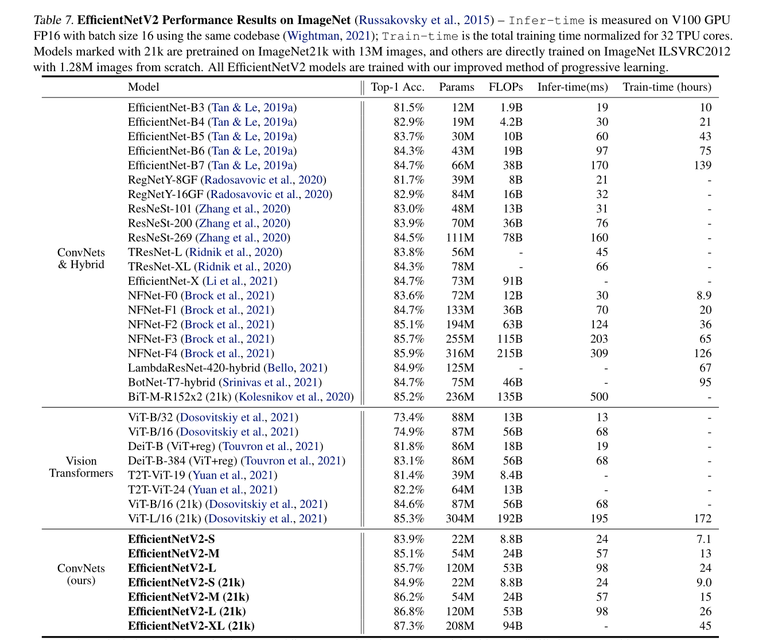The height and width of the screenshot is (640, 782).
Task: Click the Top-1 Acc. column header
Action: pos(398,87)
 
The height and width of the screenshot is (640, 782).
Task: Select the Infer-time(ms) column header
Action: pos(572,87)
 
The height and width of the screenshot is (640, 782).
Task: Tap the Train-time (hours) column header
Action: pos(667,87)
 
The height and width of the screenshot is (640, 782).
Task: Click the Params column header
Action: pos(457,87)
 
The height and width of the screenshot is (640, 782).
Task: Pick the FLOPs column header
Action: pos(505,87)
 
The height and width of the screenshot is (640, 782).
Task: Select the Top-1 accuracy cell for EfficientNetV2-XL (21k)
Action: pos(408,626)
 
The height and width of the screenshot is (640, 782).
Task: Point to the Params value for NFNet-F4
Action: pos(460,354)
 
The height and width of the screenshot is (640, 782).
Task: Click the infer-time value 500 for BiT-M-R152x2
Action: pos(599,397)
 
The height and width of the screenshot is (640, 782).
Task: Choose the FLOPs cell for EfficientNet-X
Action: pos(512,281)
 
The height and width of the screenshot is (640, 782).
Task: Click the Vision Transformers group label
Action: pos(81,467)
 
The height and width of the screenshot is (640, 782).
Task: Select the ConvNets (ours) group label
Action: pos(81,574)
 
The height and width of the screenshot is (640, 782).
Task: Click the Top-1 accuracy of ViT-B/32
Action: pos(408,417)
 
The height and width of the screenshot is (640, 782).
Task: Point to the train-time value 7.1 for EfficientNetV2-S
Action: pos(703,539)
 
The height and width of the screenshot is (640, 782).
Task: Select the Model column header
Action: pos(143,87)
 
